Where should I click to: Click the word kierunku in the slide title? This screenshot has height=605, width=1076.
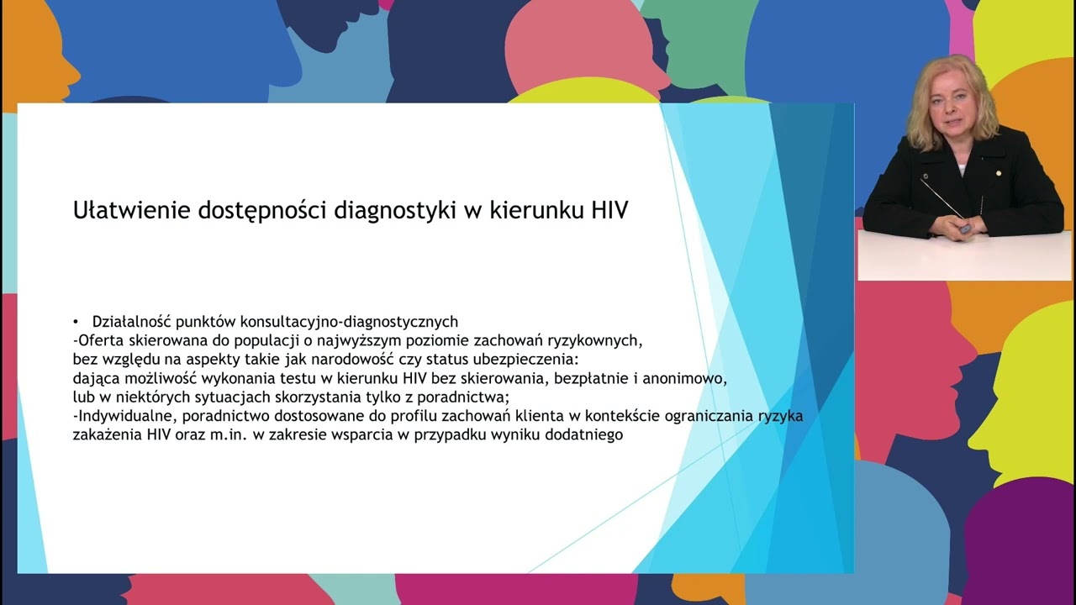(x=535, y=210)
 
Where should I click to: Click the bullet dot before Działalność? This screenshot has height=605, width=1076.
(x=76, y=321)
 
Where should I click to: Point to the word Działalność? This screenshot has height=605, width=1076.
(x=131, y=321)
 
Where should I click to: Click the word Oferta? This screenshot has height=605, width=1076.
(x=101, y=340)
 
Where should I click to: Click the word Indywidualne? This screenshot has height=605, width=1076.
(x=125, y=416)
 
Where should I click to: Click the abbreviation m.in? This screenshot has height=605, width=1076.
(x=230, y=434)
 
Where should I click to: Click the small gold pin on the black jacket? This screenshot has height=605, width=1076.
(x=999, y=173)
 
